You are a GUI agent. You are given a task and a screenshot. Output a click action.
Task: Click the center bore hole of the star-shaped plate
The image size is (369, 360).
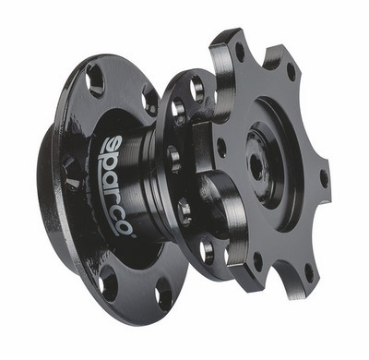(x=256, y=165)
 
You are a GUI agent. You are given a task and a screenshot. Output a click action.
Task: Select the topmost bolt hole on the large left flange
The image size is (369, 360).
(x=93, y=81)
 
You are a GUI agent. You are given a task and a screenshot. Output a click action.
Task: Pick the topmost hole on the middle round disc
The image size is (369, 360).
(x=196, y=88)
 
